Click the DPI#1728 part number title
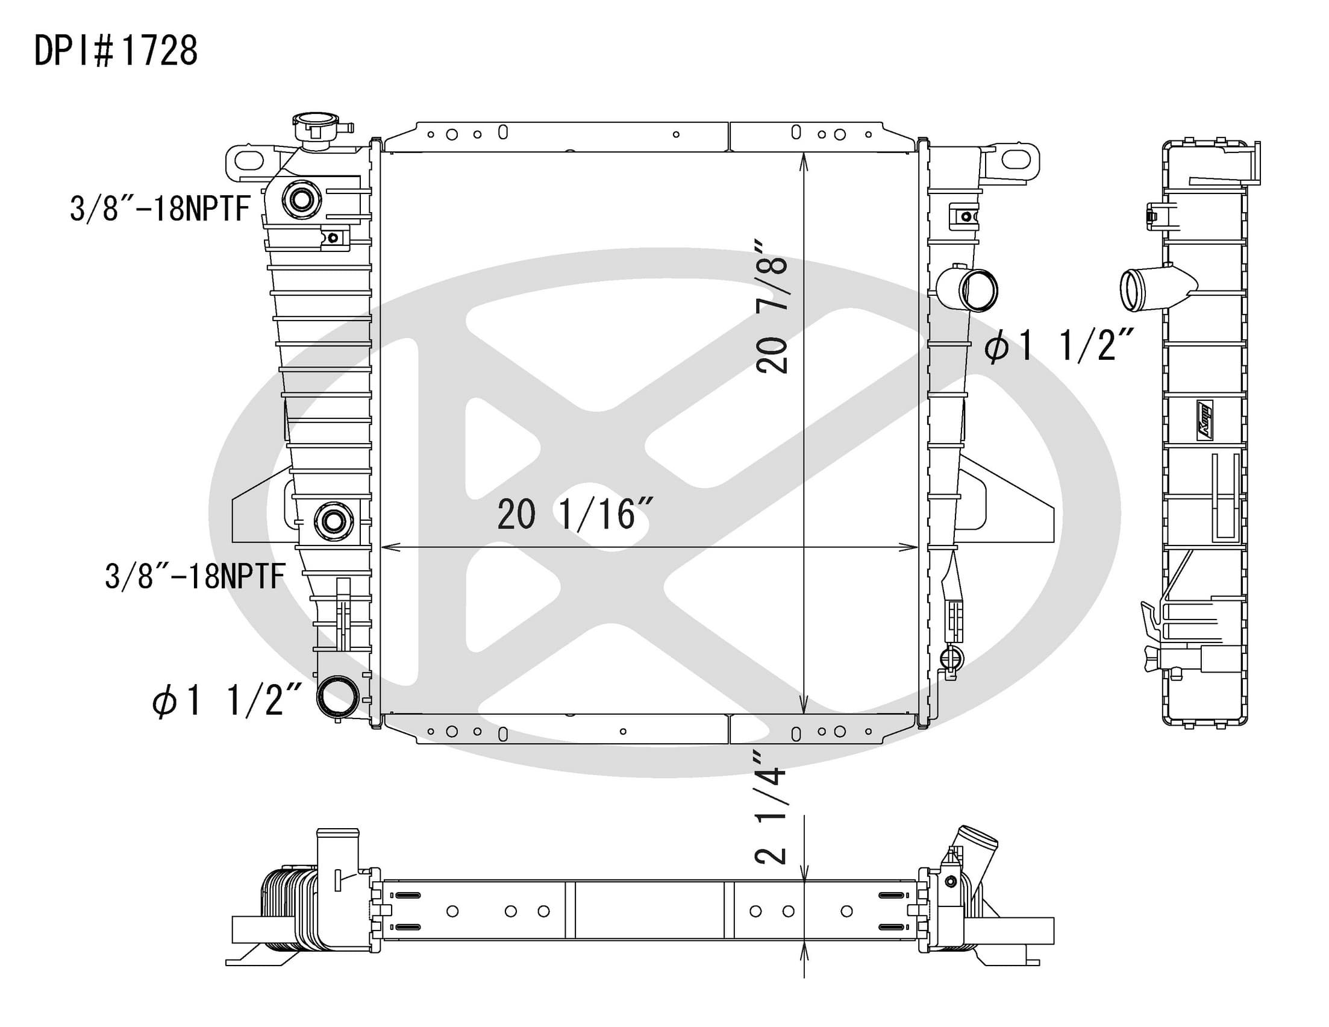(116, 51)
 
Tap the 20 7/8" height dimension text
(772, 306)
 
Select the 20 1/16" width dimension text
(576, 514)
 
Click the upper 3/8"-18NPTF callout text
(160, 209)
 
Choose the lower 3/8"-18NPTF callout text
(195, 576)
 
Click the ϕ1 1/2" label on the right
(1060, 347)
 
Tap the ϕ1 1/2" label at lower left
(227, 701)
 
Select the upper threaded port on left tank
(302, 199)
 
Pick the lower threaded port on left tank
(334, 521)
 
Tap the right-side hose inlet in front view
(968, 289)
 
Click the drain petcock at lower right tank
(952, 659)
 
